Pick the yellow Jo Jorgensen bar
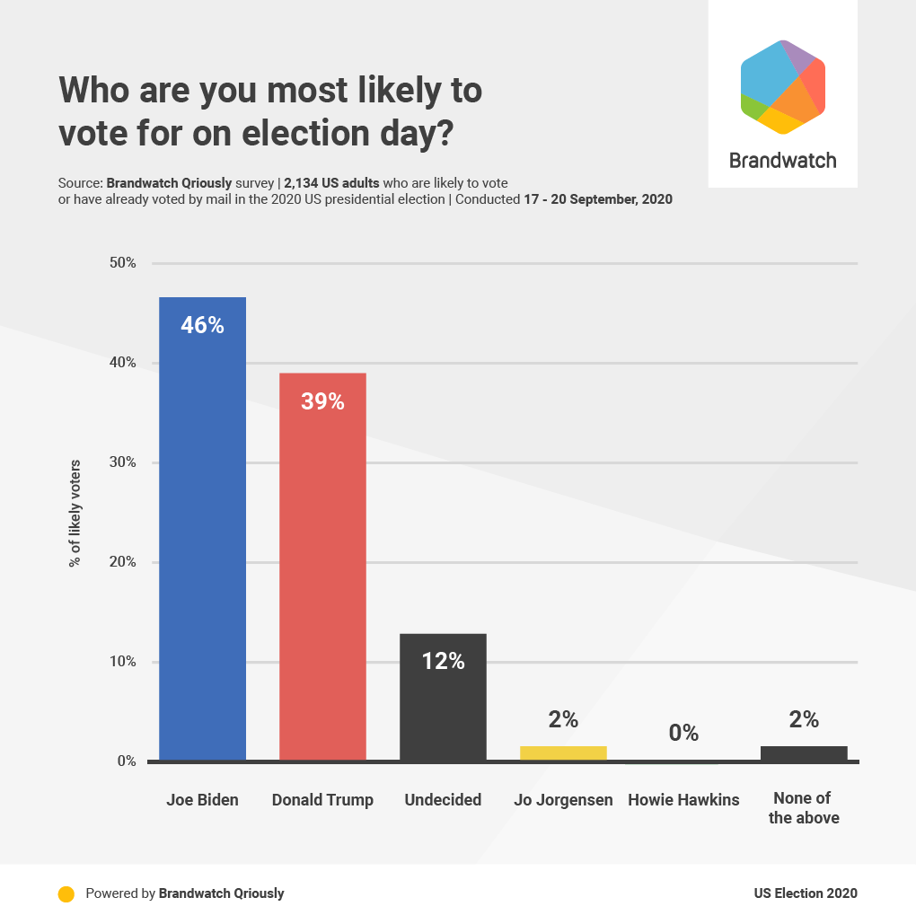pos(563,753)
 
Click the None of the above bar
pos(804,753)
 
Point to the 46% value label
pos(202,325)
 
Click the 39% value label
pos(322,401)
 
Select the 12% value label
pos(443,662)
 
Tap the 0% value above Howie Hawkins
pos(683,733)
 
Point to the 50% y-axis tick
pos(122,263)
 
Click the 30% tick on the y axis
pos(122,462)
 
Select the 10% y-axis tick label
pos(122,662)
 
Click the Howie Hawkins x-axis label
pos(683,799)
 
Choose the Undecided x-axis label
pos(443,799)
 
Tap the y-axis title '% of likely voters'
pos(75,513)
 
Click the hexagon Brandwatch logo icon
pos(782,87)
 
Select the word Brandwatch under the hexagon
pos(782,161)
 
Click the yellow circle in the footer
pos(66,893)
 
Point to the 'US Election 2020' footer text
pos(806,893)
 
